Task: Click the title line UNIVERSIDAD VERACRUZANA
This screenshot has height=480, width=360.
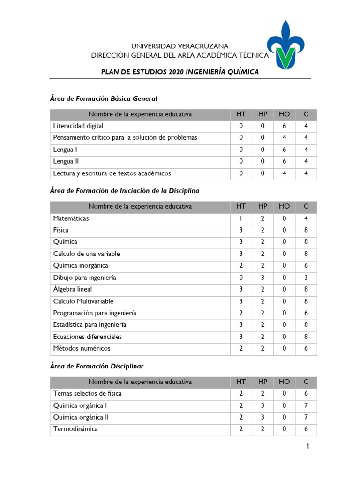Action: point(180,46)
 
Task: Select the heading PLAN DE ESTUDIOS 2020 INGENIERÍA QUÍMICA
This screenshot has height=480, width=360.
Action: point(180,71)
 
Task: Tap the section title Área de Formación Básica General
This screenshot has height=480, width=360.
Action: point(104,98)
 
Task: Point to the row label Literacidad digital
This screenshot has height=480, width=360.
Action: point(78,126)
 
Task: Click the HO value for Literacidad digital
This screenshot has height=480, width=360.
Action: point(284,126)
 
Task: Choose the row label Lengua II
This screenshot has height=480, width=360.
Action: point(64,161)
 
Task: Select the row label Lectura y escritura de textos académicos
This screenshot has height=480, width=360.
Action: point(112,173)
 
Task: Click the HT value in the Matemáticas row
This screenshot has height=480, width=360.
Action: point(240,218)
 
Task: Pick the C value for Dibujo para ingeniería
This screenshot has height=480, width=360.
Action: point(306,277)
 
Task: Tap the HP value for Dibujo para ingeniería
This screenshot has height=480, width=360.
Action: point(262,277)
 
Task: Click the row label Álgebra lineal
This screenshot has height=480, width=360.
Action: point(73,289)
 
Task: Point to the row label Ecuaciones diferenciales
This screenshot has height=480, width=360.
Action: point(88,337)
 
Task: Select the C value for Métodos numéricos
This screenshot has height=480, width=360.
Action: point(306,348)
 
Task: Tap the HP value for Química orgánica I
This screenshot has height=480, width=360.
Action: point(262,405)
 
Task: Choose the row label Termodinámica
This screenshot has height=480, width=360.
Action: point(75,429)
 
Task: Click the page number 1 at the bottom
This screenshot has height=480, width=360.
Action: point(307,447)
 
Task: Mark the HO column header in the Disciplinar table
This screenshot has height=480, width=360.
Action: point(284,382)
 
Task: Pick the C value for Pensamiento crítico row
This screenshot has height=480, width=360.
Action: point(306,138)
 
